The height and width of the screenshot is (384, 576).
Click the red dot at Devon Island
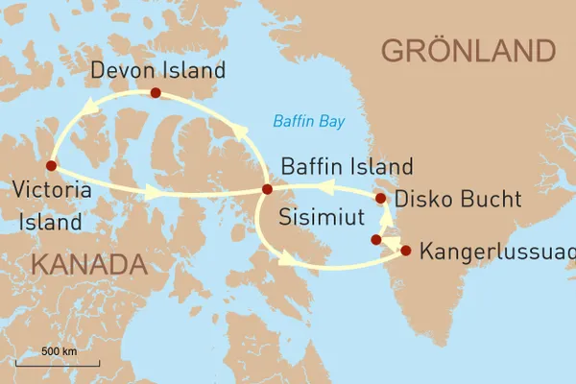point(154,93)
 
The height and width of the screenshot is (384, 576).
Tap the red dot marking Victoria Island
point(51,165)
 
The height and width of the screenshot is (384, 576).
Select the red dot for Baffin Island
point(267,189)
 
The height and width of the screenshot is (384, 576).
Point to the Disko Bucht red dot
point(380,199)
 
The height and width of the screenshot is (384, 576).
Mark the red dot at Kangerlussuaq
point(405,251)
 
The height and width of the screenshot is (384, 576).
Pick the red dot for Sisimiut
point(376,239)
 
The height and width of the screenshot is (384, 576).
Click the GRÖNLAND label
point(468,50)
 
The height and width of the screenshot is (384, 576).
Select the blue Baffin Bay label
point(308,122)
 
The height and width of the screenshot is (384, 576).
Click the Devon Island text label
point(157,70)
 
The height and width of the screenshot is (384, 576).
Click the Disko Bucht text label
point(458,200)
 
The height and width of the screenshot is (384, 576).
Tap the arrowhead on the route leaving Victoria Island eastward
point(152,193)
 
